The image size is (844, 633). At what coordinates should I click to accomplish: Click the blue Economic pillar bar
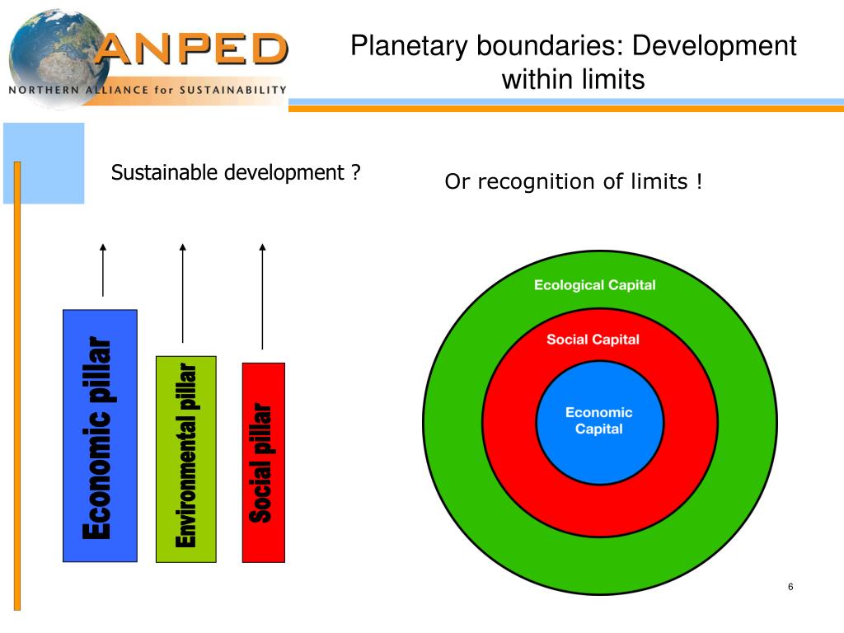coord(100,435)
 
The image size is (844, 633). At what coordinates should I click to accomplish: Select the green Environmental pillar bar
coord(185,458)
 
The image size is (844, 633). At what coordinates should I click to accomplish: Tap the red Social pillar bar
coord(263,462)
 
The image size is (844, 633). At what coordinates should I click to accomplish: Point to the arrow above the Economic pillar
coord(103,270)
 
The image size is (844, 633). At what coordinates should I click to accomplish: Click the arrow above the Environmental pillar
coord(183,293)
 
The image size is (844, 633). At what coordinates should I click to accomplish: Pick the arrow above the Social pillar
coord(262,296)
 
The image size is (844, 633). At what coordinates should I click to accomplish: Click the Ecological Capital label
coord(595,285)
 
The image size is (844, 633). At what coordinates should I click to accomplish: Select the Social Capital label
coord(593,340)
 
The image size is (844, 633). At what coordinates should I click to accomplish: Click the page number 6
coord(790,587)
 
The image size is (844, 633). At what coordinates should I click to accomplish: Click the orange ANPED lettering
coord(191,49)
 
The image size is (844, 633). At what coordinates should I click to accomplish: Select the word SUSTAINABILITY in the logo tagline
coord(232,90)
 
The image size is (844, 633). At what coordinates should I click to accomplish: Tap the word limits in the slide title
coord(611,80)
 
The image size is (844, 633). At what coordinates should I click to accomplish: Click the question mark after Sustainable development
coord(355,173)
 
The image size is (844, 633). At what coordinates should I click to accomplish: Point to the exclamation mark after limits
coord(699,181)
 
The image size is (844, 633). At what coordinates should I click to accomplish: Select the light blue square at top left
coord(44,162)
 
